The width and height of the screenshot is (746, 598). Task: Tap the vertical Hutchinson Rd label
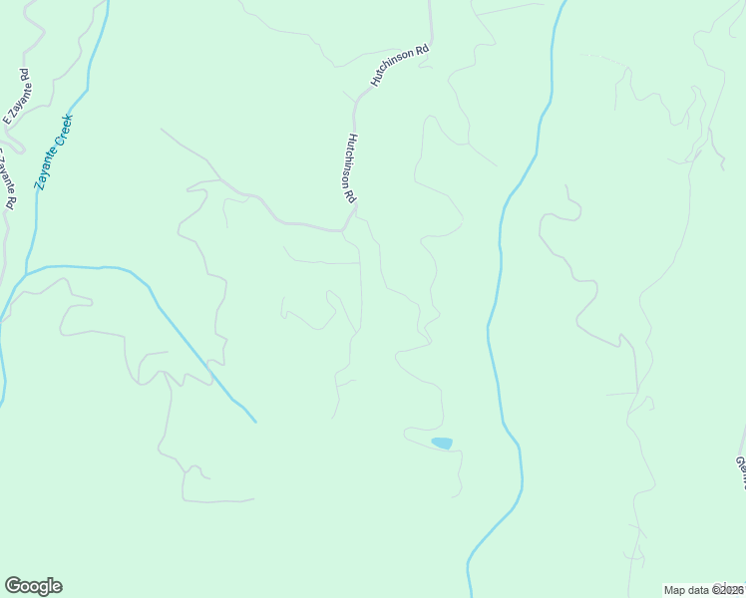pyautogui.click(x=350, y=169)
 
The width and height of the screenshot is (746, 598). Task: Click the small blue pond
pyautogui.click(x=441, y=443)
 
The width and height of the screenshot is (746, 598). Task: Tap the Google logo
pyautogui.click(x=33, y=586)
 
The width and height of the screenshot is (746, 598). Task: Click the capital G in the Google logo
pyautogui.click(x=13, y=586)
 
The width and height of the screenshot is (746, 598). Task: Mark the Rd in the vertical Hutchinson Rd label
pyautogui.click(x=351, y=196)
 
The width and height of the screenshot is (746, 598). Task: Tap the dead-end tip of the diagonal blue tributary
pyautogui.click(x=255, y=422)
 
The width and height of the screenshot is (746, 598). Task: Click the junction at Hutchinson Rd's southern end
pyautogui.click(x=344, y=230)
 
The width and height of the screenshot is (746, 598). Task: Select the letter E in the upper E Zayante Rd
pyautogui.click(x=7, y=120)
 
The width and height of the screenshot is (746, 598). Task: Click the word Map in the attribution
pyautogui.click(x=675, y=590)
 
